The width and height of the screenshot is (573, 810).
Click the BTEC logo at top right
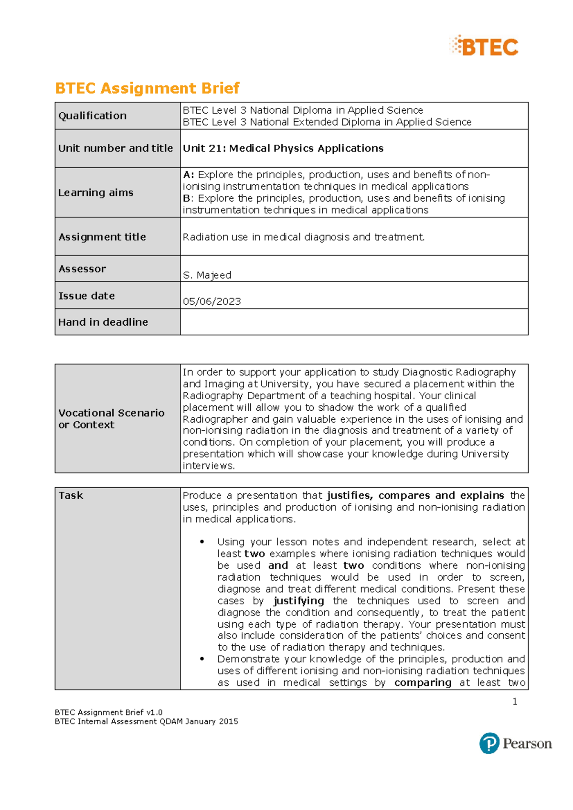pos(484,46)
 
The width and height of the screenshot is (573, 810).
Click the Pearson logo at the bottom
pos(516,743)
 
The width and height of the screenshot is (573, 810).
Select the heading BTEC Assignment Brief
pos(147,88)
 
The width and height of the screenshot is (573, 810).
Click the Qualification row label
pos(93,116)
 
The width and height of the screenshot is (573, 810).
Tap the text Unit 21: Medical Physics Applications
pos(283,149)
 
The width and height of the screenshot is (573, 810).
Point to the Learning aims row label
pos(96,192)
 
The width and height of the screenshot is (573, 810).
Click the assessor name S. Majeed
pos(207,275)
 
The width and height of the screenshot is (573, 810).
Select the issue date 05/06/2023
pos(212,301)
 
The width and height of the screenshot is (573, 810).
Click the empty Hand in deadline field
pos(354,322)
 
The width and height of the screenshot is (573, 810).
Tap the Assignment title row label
pos(102,237)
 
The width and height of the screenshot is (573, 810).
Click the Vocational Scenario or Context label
pos(111,419)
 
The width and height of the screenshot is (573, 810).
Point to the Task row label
pos(71,496)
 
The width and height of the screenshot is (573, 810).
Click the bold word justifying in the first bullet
pos(298,601)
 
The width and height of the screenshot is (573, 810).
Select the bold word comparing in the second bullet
pos(423,683)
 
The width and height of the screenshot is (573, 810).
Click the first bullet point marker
pos(202,542)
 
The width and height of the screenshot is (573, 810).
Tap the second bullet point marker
pos(202,659)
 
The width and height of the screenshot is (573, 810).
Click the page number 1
pos(515,702)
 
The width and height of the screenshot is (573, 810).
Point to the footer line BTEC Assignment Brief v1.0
pos(109,712)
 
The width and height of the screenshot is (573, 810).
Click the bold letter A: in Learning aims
pos(188,175)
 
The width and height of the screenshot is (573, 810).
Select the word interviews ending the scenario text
pos(208,466)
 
